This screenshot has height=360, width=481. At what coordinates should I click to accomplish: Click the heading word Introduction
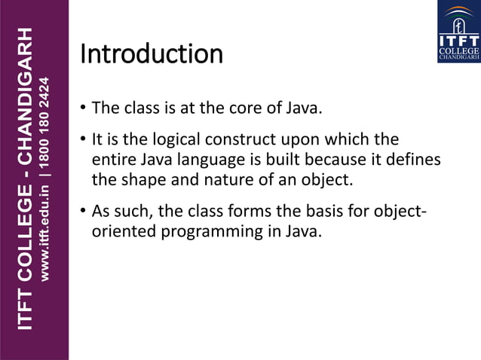151,54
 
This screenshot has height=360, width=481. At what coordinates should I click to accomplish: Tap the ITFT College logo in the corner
458,32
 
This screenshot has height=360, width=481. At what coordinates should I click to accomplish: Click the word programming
209,232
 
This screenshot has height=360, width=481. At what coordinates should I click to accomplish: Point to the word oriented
121,232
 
